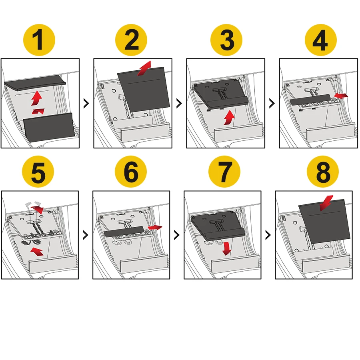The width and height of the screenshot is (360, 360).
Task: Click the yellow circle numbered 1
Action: pyautogui.click(x=39, y=40)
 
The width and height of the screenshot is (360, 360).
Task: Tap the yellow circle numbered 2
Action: pyautogui.click(x=131, y=40)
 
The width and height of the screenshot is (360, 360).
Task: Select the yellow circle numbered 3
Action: pyautogui.click(x=226, y=40)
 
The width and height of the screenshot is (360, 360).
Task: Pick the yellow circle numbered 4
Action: pyautogui.click(x=321, y=40)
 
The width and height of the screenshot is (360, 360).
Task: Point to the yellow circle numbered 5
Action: pyautogui.click(x=38, y=172)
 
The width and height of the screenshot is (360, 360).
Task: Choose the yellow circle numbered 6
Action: pyautogui.click(x=131, y=172)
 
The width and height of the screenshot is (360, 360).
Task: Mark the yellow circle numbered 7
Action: pyautogui.click(x=224, y=172)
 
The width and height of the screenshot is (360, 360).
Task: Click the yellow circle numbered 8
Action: pyautogui.click(x=323, y=172)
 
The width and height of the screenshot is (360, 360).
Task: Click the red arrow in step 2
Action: pyautogui.click(x=145, y=68)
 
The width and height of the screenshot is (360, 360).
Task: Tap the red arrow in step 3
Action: pyautogui.click(x=229, y=118)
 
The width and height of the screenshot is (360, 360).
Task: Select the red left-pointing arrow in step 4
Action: pyautogui.click(x=341, y=96)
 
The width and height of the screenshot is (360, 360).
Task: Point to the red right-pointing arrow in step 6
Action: pyautogui.click(x=155, y=227)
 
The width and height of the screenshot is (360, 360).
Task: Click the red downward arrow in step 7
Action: pyautogui.click(x=227, y=248)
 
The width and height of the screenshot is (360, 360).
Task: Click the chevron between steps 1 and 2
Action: pyautogui.click(x=86, y=104)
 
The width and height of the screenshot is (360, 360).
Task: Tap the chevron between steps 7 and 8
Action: pyautogui.click(x=268, y=235)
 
